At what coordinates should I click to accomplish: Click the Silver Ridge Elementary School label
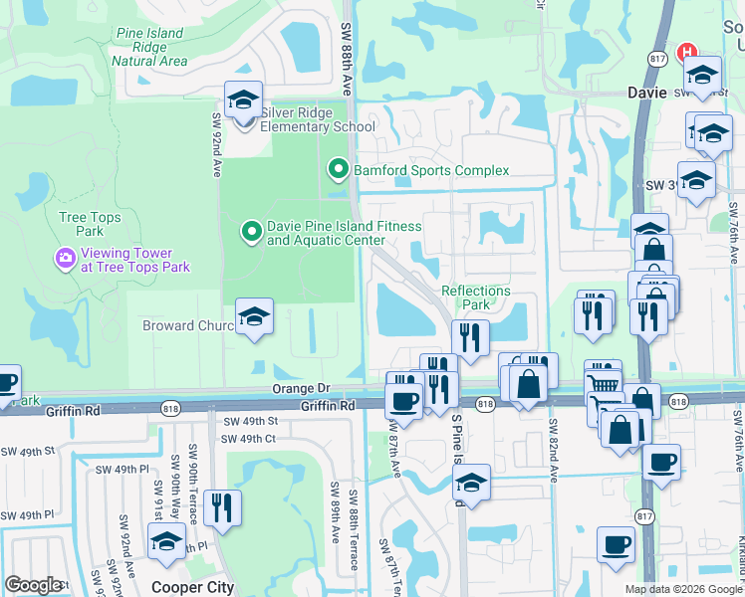pos(317,126)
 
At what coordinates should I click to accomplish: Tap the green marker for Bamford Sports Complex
pos(339,170)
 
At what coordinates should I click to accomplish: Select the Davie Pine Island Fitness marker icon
pos(252,233)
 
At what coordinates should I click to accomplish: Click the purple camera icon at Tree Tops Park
pos(66,260)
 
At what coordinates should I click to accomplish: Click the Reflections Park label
pos(476,298)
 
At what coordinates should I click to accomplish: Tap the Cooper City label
pos(192,587)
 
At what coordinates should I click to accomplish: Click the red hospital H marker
pos(685,52)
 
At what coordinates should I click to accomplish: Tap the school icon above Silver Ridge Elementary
pos(243,99)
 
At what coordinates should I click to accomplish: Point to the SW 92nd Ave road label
pos(215,144)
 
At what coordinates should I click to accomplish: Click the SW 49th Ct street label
pos(248,439)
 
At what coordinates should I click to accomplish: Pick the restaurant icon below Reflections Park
pos(470,337)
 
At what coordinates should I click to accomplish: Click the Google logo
pos(34,585)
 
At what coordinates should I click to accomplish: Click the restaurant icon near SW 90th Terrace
pos(222,507)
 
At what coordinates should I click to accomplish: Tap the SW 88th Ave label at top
pos(347,59)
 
